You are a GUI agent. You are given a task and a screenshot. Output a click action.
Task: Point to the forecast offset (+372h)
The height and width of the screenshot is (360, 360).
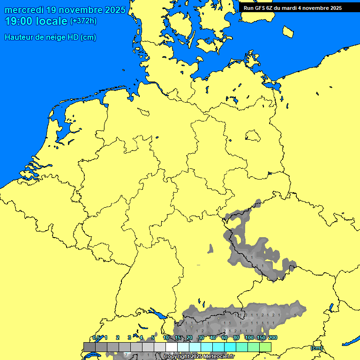pyautogui.click(x=83, y=21)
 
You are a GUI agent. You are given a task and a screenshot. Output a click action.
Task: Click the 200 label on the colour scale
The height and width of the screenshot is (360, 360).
pyautogui.click(x=273, y=338)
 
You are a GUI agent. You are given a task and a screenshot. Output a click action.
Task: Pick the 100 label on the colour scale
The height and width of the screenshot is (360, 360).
pyautogui.click(x=249, y=338)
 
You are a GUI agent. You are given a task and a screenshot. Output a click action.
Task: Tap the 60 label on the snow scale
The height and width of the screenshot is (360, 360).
pyautogui.click(x=225, y=338)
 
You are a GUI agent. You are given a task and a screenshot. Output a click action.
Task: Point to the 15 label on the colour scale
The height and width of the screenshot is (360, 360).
pyautogui.click(x=178, y=338)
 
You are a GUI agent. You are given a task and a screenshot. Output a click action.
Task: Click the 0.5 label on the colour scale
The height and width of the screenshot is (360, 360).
pyautogui.click(x=96, y=338)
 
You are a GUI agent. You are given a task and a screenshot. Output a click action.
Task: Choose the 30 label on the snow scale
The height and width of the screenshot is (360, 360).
pyautogui.click(x=201, y=338)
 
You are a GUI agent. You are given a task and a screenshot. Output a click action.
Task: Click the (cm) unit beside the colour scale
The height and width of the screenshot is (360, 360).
pyautogui.click(x=316, y=348)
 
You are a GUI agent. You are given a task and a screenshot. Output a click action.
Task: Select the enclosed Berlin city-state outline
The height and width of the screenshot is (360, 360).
pyautogui.click(x=253, y=136)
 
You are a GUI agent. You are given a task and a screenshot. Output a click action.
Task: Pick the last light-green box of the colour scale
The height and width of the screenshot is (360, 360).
pyautogui.click(x=265, y=347)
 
